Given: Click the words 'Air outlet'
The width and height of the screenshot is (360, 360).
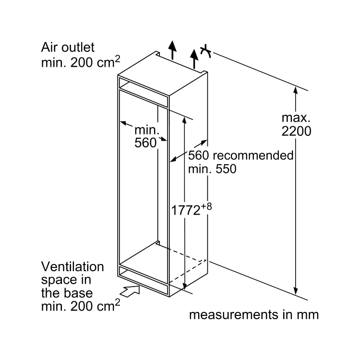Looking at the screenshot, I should click(68, 48).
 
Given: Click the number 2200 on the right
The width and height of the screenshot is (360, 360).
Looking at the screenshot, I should click(296, 131).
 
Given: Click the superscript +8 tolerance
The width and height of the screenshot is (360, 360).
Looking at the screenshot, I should click(207, 206).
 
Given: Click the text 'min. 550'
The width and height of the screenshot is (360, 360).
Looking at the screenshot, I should click(212, 169).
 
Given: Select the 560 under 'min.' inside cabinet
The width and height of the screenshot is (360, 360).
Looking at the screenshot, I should click(145, 143).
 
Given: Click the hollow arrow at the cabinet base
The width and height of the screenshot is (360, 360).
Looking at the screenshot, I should click(131, 289).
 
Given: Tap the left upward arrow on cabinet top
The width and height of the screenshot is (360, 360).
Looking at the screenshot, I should click(172, 48).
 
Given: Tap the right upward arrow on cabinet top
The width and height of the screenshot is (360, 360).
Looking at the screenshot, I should click(193, 58).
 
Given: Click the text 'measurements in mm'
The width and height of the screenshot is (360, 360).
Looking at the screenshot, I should click(253, 315).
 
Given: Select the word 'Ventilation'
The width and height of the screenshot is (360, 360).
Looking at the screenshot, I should click(72, 266).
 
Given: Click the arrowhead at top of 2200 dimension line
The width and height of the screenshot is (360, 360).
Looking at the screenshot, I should click(297, 91).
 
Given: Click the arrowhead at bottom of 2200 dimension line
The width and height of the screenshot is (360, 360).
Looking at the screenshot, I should click(297, 291).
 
